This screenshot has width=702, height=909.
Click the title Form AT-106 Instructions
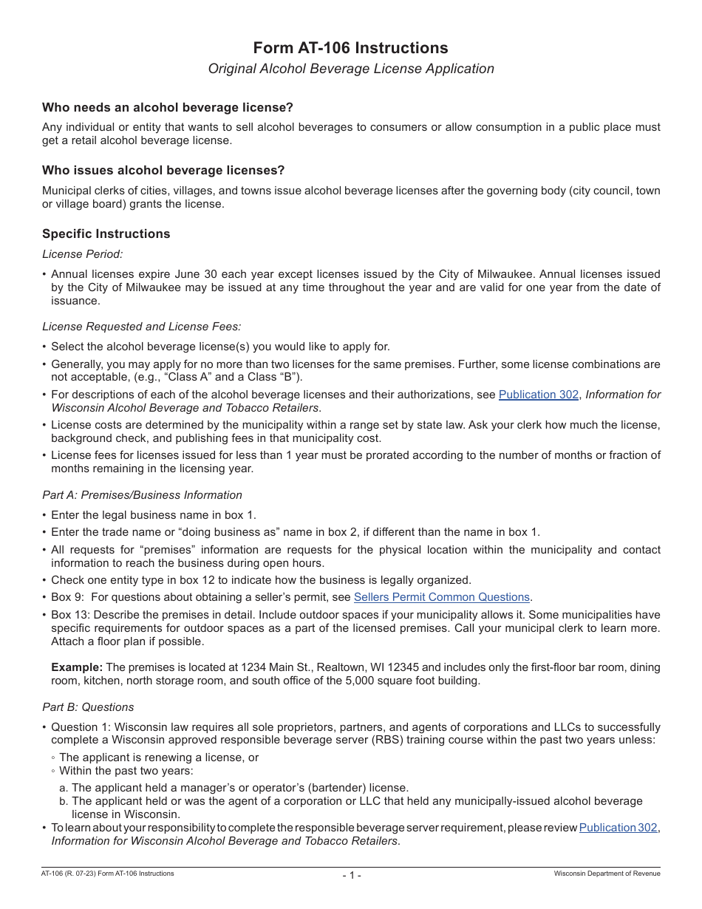350,48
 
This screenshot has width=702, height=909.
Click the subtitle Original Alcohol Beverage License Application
350,69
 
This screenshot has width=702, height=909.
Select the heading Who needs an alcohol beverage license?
168,107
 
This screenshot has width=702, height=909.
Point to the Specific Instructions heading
106,234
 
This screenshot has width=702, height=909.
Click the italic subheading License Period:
82,254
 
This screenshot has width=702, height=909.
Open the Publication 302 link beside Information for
538,395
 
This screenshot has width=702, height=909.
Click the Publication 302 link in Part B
618,828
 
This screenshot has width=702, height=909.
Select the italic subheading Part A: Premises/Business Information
142,495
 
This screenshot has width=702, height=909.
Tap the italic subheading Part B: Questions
88,707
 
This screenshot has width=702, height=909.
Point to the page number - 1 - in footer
351,875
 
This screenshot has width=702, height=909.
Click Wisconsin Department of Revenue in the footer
607,874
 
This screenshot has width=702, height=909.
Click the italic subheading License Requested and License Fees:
141,326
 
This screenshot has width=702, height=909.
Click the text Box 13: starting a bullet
71,615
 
